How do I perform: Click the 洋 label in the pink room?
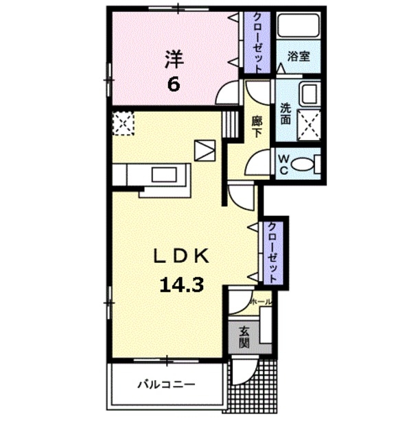point(174,59)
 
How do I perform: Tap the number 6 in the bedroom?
point(174,84)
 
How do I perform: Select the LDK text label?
point(181,256)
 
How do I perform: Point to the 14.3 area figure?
point(181,285)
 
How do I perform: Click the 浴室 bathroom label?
point(299,56)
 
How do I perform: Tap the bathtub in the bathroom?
point(299,25)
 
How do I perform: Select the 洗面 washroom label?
point(285,114)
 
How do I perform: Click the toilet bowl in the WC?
point(303,164)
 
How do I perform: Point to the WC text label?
point(283,165)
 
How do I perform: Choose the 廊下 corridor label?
point(257,127)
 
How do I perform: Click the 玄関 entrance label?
point(244,337)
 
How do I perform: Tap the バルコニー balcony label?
point(166,384)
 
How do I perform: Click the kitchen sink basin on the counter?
point(165,174)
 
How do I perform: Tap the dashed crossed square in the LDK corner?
point(124,123)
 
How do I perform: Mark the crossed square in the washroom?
point(309,125)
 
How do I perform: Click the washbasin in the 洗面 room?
point(310,94)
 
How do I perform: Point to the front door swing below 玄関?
point(244,371)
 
